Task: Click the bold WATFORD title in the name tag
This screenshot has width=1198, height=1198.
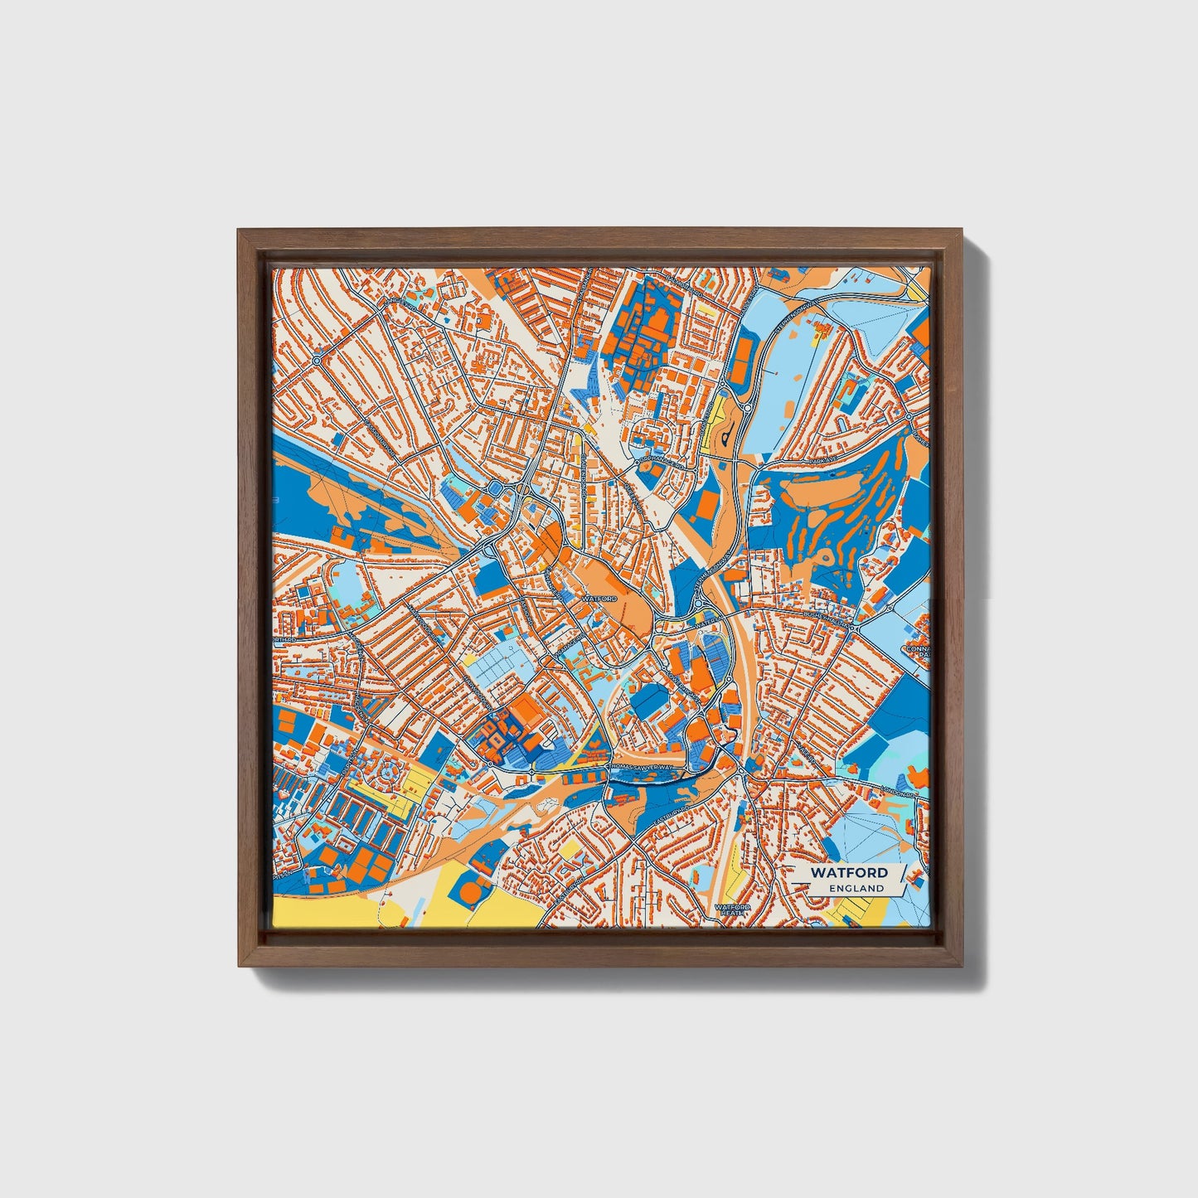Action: click(x=849, y=873)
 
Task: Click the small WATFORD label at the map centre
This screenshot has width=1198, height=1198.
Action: click(x=599, y=598)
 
